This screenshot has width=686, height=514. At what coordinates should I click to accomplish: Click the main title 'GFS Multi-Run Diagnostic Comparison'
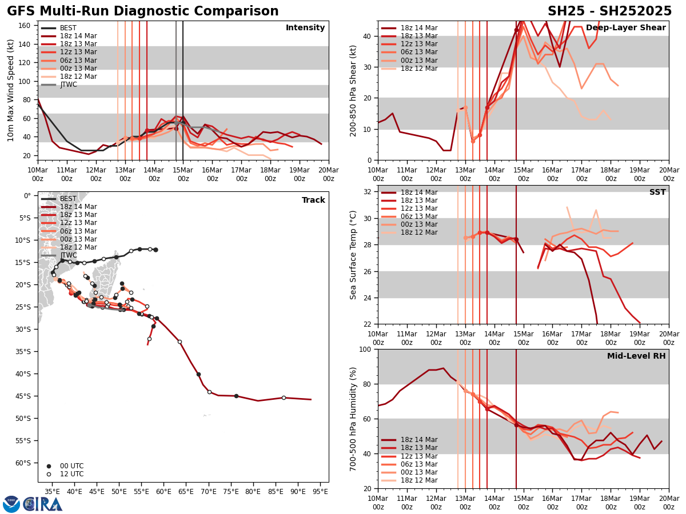(x=143, y=11)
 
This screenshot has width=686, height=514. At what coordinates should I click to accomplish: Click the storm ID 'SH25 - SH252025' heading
(x=609, y=11)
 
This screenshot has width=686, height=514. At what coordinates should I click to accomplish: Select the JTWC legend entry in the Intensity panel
(x=68, y=85)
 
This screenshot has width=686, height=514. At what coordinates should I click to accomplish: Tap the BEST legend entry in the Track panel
(x=68, y=199)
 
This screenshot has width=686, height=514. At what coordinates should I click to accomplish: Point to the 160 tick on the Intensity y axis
(x=26, y=26)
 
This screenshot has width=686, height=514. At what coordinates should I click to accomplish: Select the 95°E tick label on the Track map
(x=320, y=491)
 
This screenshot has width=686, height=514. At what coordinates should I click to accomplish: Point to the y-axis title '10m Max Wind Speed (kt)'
(x=10, y=90)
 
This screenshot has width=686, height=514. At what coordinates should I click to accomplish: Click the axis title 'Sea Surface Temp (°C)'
(x=354, y=255)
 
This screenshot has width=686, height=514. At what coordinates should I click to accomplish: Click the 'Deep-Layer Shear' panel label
(x=625, y=28)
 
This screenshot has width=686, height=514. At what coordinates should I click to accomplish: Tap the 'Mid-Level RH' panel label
(x=636, y=356)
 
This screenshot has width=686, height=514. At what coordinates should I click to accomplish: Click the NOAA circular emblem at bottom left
(x=11, y=504)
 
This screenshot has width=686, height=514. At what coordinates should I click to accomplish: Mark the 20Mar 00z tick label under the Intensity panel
(x=328, y=175)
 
